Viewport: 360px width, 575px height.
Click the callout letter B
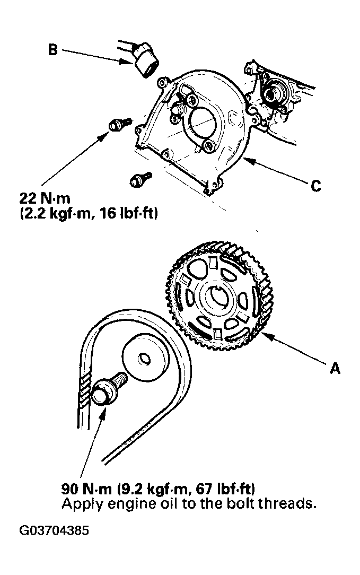click(53, 50)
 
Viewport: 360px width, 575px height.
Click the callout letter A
click(335, 368)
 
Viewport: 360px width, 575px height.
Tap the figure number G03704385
click(54, 530)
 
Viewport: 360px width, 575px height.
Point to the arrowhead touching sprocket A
click(266, 335)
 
